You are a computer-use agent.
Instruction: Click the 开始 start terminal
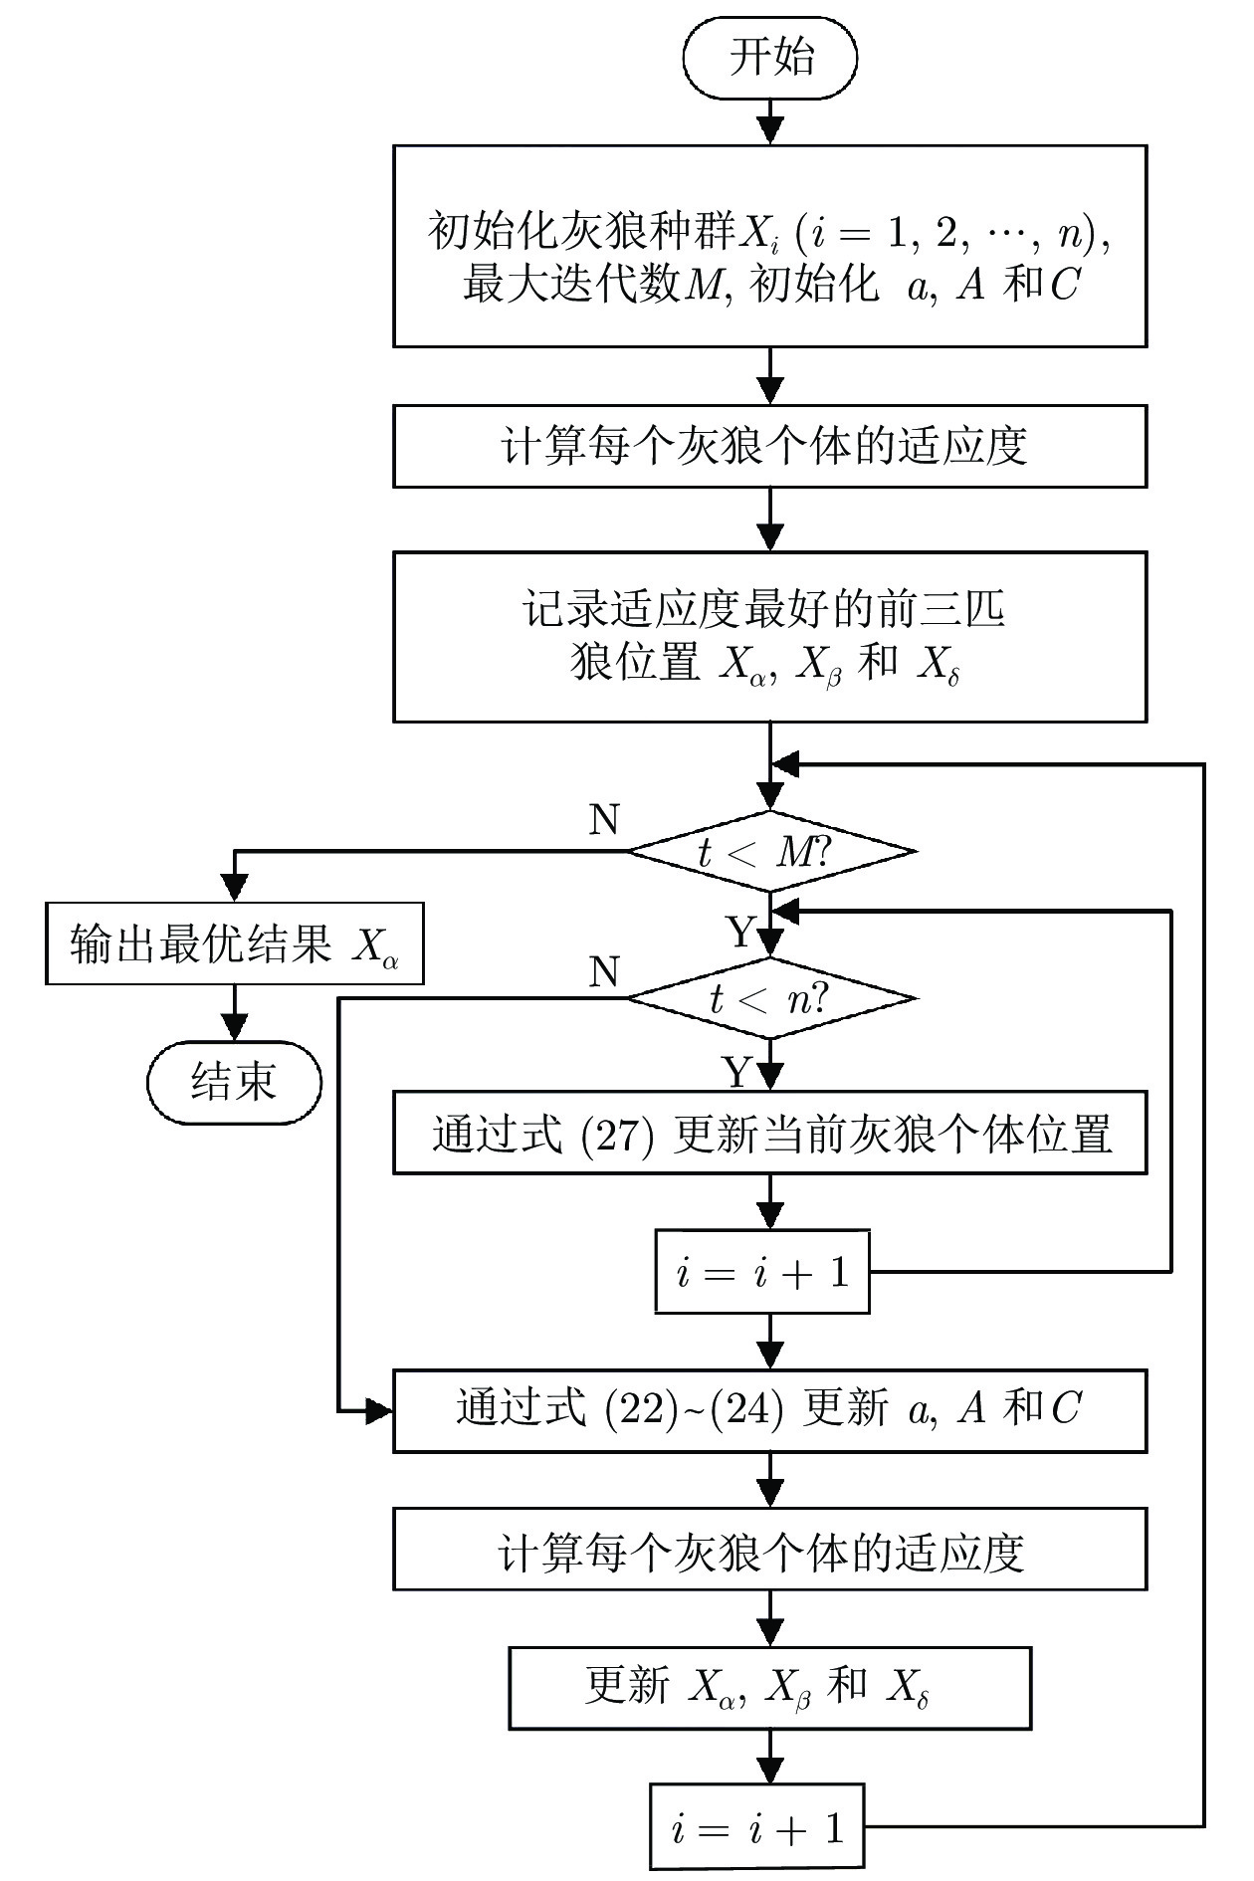tap(770, 57)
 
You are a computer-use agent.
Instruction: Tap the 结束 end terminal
tap(234, 1082)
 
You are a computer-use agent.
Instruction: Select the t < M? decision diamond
tap(770, 852)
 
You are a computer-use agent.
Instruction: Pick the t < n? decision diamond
tap(770, 998)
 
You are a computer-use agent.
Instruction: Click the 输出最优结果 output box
tap(234, 943)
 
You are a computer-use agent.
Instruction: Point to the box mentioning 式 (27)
tap(770, 1133)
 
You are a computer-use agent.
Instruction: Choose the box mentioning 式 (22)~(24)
tap(770, 1409)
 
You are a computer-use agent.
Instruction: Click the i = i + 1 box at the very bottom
tap(757, 1826)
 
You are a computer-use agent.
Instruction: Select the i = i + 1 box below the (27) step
tap(762, 1272)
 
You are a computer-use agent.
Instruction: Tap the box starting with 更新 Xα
tap(770, 1687)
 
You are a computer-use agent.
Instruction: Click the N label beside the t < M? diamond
tap(604, 820)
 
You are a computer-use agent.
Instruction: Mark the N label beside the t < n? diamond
tap(604, 971)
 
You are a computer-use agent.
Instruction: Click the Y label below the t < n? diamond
tap(737, 1072)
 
